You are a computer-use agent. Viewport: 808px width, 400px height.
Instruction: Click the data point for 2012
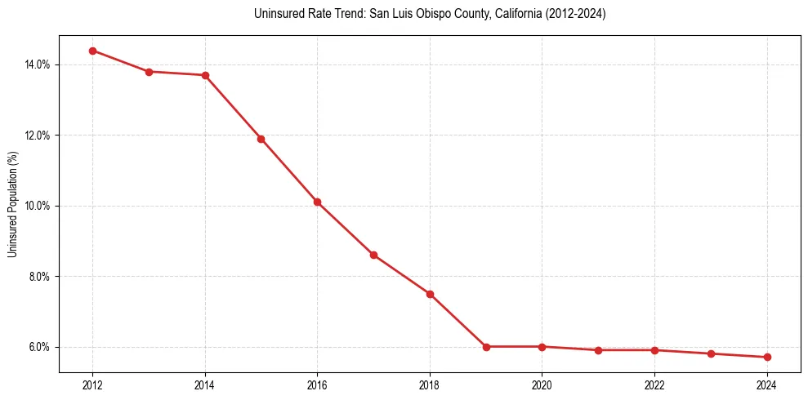pyautogui.click(x=92, y=51)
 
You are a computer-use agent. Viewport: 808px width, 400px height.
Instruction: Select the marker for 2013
pyautogui.click(x=149, y=72)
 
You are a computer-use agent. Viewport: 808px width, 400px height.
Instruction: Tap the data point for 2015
pyautogui.click(x=261, y=139)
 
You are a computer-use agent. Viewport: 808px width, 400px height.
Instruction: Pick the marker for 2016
pyautogui.click(x=317, y=202)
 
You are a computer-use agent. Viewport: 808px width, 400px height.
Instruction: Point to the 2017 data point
pyautogui.click(x=373, y=255)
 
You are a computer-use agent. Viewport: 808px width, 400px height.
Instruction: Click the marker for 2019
pyautogui.click(x=486, y=347)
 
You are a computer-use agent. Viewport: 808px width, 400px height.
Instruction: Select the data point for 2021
pyautogui.click(x=599, y=350)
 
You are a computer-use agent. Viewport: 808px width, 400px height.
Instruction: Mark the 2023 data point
pyautogui.click(x=711, y=353)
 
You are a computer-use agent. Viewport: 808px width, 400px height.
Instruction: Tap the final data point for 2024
pyautogui.click(x=767, y=357)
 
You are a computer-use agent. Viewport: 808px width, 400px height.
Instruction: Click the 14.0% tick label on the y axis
pyautogui.click(x=38, y=64)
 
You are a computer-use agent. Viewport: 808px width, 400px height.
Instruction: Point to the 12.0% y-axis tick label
pyautogui.click(x=38, y=136)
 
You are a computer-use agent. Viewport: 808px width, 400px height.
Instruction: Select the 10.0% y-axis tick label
pyautogui.click(x=38, y=206)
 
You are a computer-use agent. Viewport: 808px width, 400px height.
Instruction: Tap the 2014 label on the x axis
pyautogui.click(x=205, y=384)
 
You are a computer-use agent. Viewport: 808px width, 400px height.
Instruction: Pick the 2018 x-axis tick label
pyautogui.click(x=430, y=384)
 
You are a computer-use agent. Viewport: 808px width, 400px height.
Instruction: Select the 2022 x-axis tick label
pyautogui.click(x=654, y=384)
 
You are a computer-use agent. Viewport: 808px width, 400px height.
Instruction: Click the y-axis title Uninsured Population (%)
pyautogui.click(x=12, y=204)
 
